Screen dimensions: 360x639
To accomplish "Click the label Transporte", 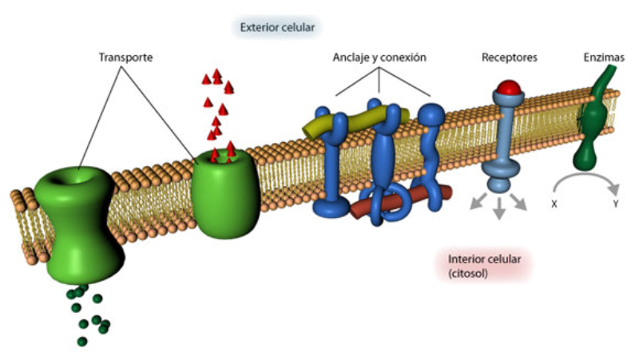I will pyautogui.click(x=125, y=57).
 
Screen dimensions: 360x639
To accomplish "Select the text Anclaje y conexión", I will pyautogui.click(x=379, y=57).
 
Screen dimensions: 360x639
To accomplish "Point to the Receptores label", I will pyautogui.click(x=509, y=57).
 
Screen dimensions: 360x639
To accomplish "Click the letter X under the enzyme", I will pyautogui.click(x=554, y=204).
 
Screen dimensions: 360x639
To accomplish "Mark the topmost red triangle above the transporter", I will pyautogui.click(x=216, y=74).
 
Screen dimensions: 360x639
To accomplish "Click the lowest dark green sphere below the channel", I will pyautogui.click(x=81, y=342).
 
